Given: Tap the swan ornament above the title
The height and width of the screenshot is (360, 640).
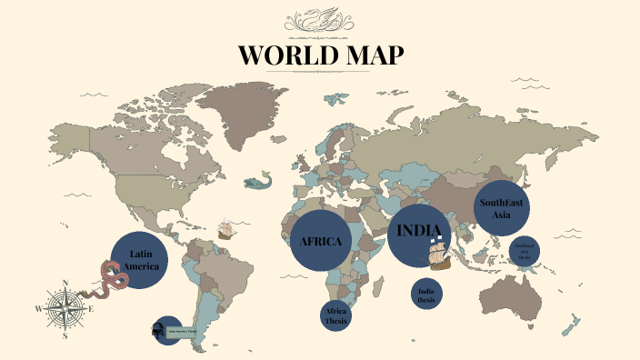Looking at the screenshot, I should (320, 20).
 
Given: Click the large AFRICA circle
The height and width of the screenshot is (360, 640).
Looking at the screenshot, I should (320, 241).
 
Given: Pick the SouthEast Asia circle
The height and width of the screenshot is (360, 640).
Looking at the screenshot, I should (503, 207).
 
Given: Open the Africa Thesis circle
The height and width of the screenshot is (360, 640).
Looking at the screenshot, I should (336, 315).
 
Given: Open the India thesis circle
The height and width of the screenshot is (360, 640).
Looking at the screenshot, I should (426, 295).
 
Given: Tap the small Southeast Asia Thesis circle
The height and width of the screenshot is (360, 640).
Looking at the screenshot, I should (525, 251).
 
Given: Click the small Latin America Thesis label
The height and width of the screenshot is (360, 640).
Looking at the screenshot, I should (182, 331).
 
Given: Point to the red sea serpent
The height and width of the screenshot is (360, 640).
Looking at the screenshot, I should (111, 277).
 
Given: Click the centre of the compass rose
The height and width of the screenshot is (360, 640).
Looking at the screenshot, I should (65, 308).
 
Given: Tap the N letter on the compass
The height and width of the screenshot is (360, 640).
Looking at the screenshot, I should (65, 283).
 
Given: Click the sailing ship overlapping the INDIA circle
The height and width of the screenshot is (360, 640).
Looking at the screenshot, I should (439, 255).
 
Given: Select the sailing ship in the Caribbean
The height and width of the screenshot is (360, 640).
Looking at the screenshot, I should (226, 229).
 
